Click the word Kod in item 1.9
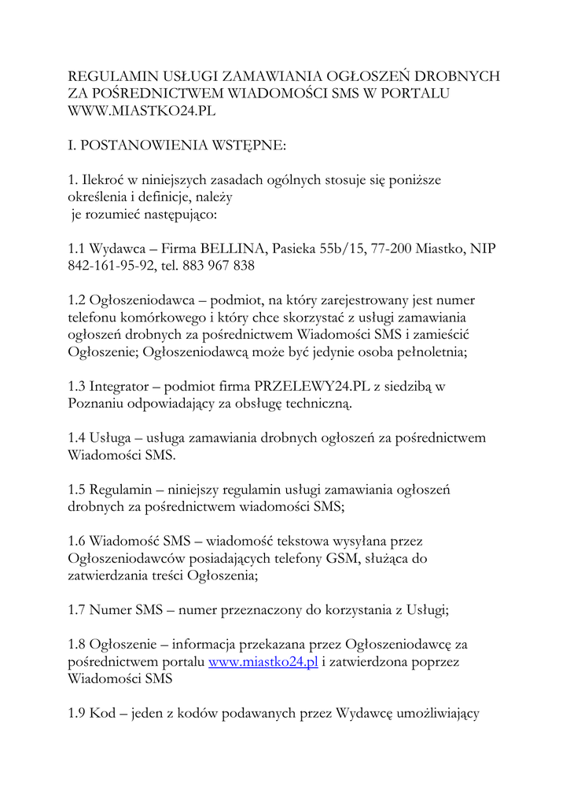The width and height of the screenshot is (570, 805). pos(103,713)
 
